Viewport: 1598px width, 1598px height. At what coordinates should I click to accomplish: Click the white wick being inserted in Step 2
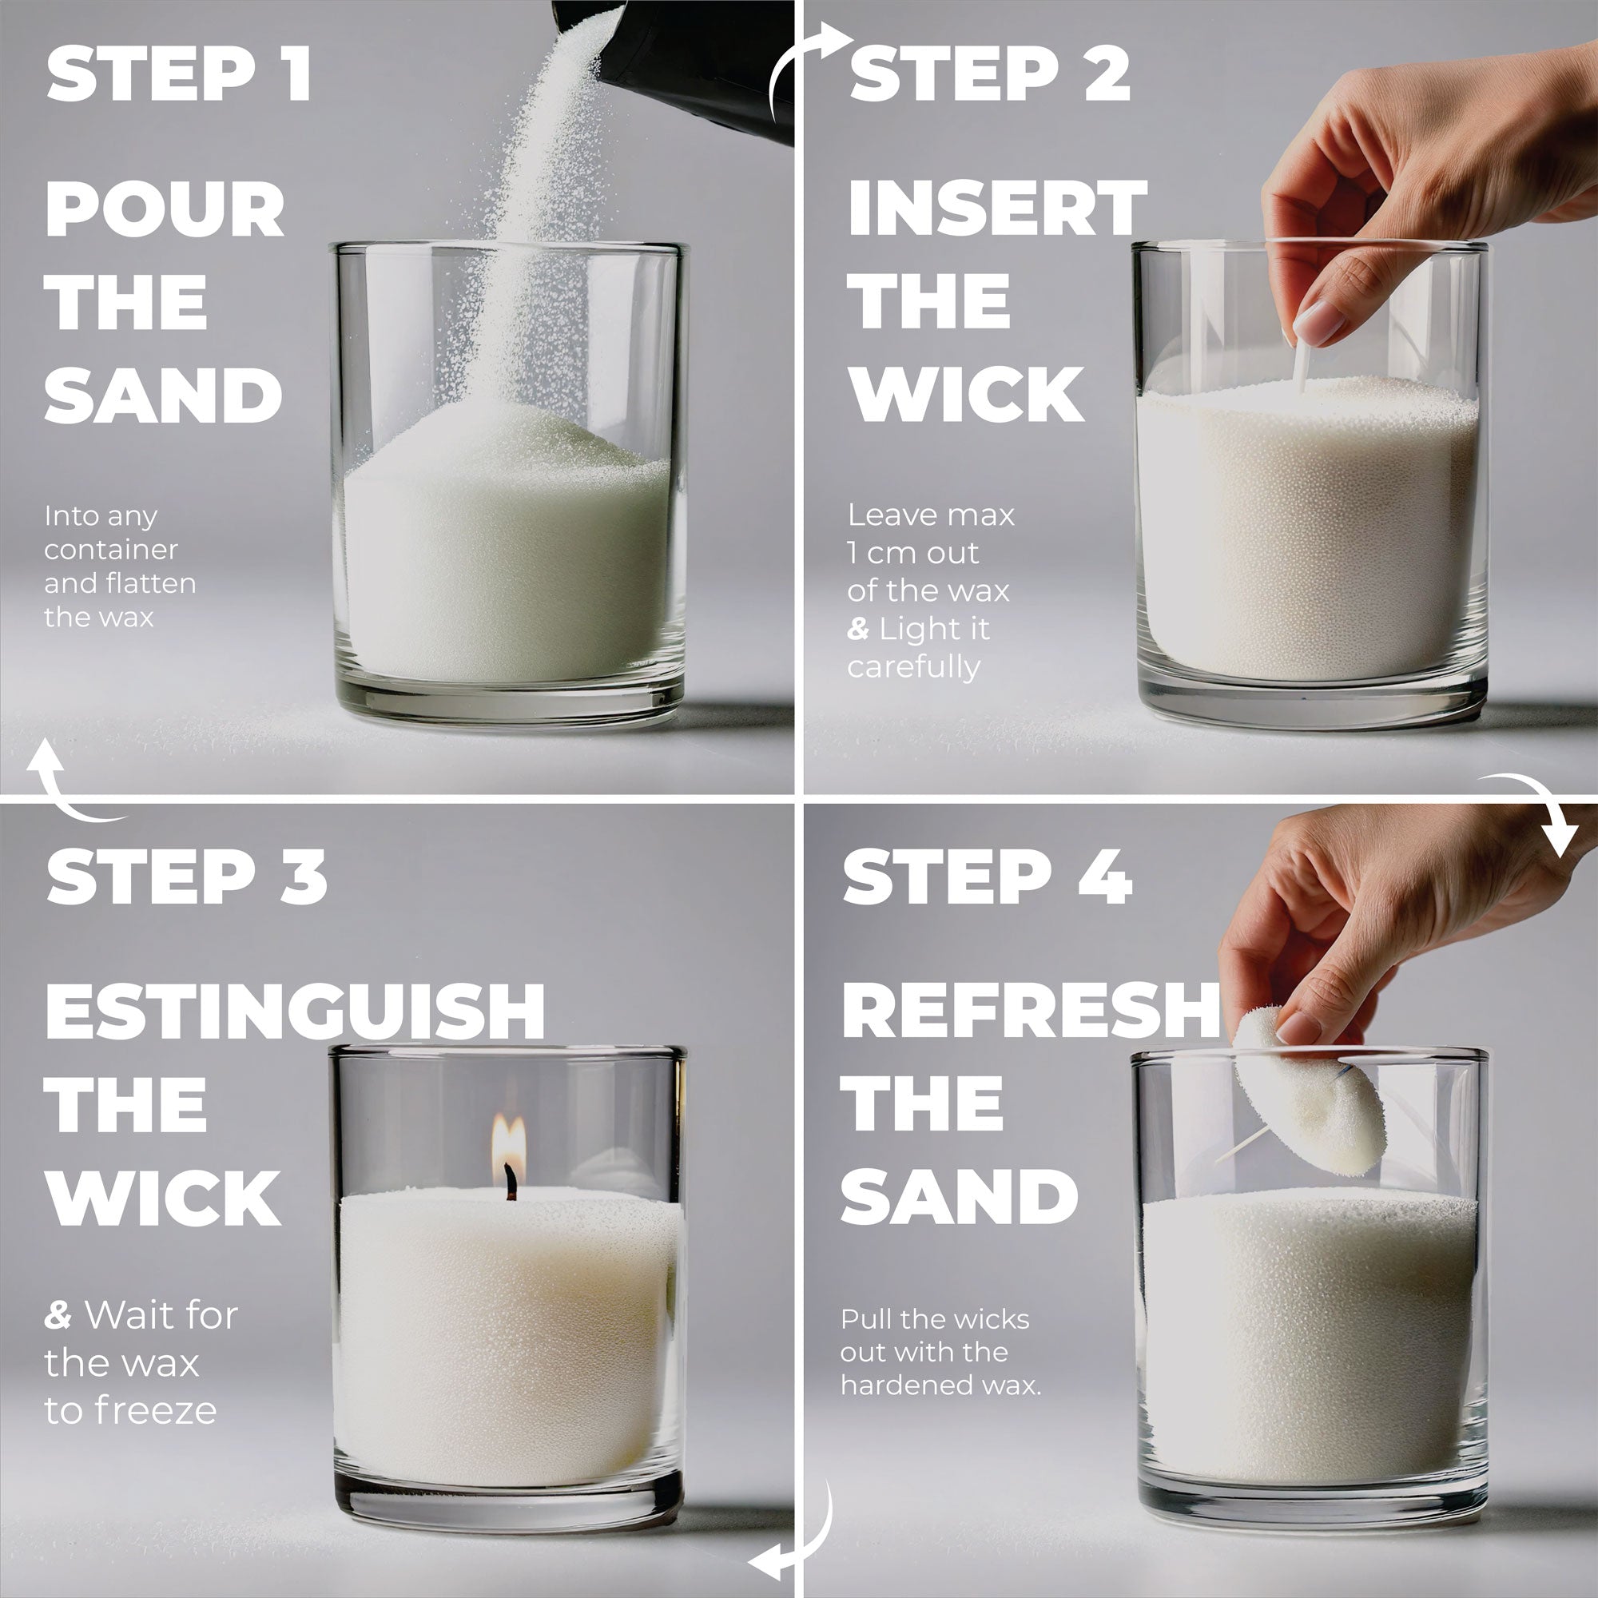(x=1302, y=368)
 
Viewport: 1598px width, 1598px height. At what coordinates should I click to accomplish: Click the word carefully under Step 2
(x=913, y=666)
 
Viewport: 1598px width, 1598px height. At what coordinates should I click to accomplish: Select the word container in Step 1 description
(x=111, y=549)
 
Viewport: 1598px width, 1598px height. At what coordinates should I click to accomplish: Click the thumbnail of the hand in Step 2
(x=1320, y=320)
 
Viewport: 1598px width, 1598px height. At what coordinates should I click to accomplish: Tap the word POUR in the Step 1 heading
(x=164, y=209)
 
